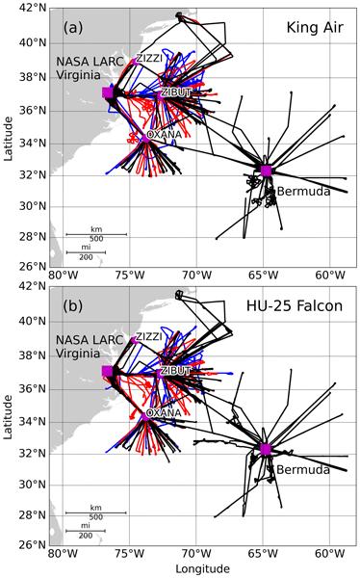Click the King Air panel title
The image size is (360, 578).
coord(315,28)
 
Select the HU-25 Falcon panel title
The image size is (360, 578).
coord(295,306)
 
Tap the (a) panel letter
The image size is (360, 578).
coord(73,28)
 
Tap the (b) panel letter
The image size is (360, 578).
coord(73,306)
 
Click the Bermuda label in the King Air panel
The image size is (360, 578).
coord(303,192)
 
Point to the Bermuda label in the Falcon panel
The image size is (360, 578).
coord(303,470)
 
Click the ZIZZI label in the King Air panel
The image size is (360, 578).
coord(149,58)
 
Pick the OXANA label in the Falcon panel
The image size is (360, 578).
coord(164,412)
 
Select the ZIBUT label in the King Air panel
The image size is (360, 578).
coord(176,92)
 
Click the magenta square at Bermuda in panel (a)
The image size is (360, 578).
coord(266,171)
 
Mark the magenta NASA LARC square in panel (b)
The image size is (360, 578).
coord(108,371)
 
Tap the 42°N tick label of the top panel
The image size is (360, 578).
coord(33,9)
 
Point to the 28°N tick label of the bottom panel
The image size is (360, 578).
coord(33,515)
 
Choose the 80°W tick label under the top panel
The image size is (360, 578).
coord(63,276)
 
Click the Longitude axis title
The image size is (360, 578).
coord(203,569)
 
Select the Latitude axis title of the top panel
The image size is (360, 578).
coord(8,138)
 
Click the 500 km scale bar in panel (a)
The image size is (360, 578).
coord(96,234)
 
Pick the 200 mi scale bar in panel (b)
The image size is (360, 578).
coord(86,531)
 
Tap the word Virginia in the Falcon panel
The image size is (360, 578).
coord(78,354)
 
